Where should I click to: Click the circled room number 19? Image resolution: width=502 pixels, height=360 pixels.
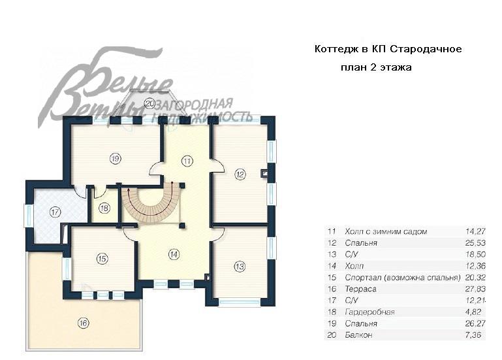(x=115, y=158)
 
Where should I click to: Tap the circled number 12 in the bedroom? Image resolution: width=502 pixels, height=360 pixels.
(x=240, y=174)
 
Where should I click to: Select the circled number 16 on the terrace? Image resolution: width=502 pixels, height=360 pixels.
(x=83, y=323)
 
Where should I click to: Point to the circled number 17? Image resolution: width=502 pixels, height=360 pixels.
(x=55, y=212)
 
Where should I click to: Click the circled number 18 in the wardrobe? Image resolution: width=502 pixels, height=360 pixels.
(x=104, y=208)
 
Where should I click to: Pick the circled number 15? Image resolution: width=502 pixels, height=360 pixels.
(x=102, y=259)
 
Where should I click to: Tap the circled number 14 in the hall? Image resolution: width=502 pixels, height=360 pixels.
(x=172, y=254)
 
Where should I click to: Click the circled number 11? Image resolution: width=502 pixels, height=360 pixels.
(x=187, y=160)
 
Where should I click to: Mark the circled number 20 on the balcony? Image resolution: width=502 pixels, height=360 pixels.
(x=149, y=103)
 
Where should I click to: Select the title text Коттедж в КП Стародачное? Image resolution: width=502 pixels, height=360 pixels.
(x=388, y=50)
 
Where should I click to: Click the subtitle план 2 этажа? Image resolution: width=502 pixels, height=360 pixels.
(x=375, y=67)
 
